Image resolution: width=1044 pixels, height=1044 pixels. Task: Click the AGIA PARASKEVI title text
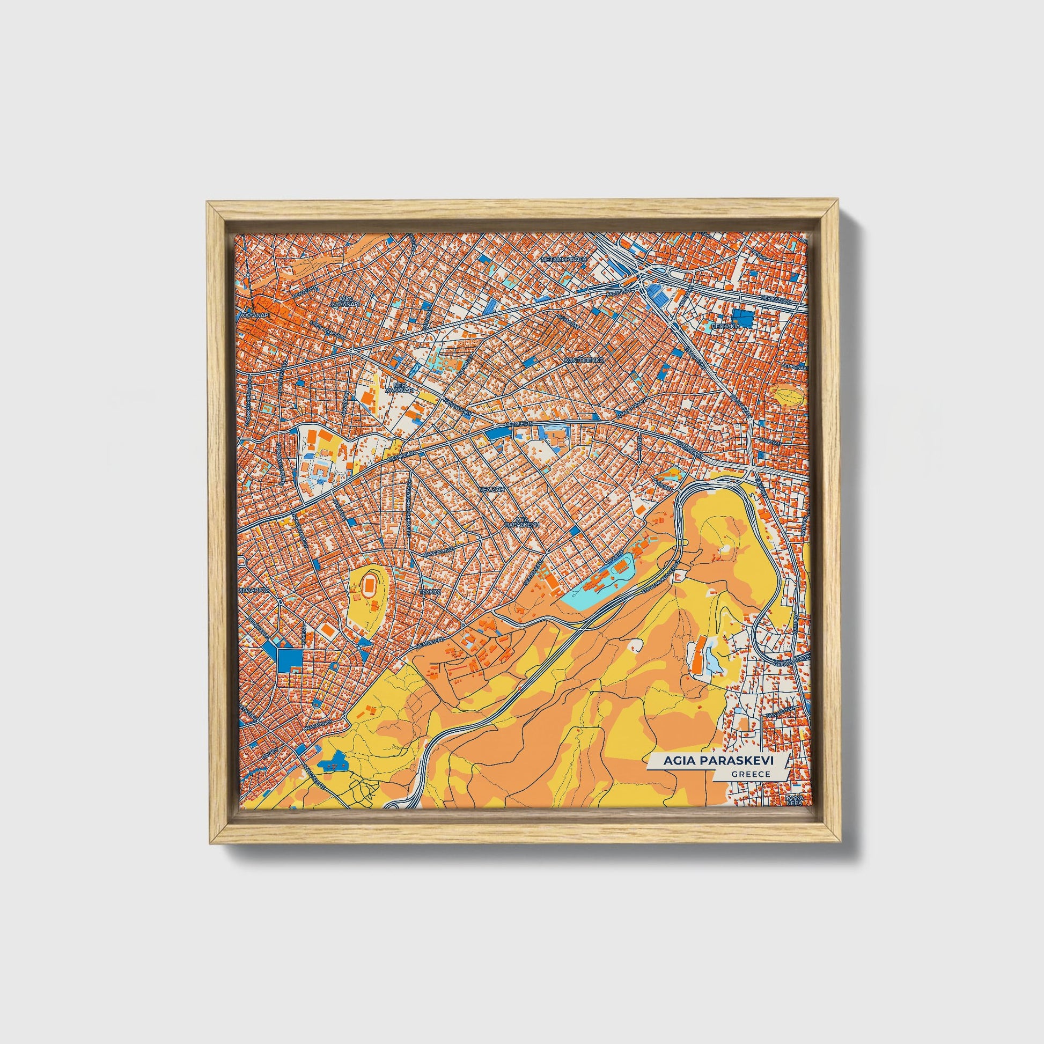click(x=718, y=761)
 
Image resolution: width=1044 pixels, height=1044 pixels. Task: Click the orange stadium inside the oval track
click(x=370, y=584)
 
